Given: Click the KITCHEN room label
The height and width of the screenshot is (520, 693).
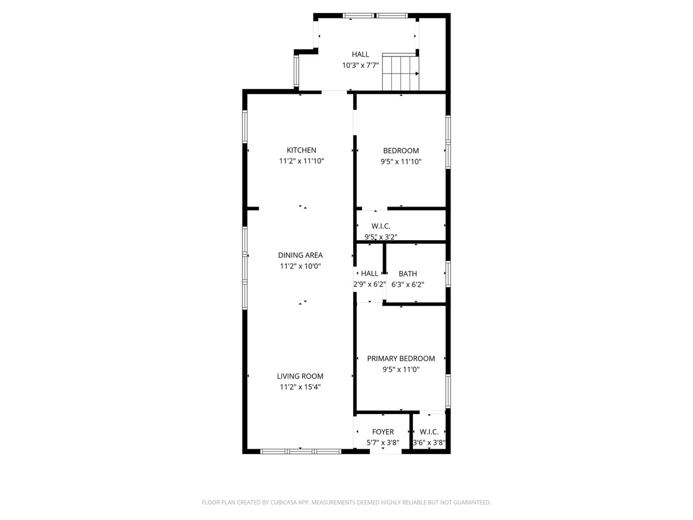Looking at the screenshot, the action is (301, 150).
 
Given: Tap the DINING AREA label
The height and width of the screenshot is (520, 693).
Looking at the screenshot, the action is (300, 255).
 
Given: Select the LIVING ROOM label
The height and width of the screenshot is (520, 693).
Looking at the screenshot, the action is (300, 376).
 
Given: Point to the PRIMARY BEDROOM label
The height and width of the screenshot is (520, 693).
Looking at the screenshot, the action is (401, 358).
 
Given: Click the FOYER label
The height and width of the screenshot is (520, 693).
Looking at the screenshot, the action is (383, 432).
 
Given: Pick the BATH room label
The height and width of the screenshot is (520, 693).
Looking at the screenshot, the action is (408, 274).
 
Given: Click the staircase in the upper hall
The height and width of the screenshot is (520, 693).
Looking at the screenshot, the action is (400, 72).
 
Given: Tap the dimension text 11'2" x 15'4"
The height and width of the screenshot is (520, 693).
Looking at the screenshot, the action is (300, 387).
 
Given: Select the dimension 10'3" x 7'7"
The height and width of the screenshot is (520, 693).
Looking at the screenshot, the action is (360, 65).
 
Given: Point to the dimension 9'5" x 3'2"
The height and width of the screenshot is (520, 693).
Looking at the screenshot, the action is (381, 237).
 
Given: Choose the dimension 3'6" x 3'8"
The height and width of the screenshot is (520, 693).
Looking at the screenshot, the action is (429, 443).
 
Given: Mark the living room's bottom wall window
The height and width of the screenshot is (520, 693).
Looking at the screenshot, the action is (300, 451).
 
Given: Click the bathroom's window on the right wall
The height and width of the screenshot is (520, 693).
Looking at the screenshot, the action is (448, 274).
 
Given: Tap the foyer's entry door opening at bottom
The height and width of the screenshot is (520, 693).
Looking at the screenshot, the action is (386, 451).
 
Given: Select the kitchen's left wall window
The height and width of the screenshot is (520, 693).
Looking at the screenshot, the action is (245, 127).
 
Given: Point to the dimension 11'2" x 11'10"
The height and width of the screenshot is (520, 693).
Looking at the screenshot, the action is (301, 161).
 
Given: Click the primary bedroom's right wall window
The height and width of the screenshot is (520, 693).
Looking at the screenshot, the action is (448, 391).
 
